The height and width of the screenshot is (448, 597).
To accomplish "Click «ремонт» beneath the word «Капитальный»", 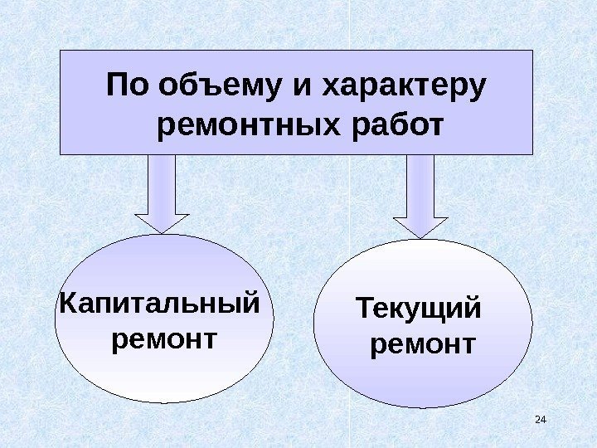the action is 163,339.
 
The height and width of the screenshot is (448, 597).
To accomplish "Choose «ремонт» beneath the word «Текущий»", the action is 423,343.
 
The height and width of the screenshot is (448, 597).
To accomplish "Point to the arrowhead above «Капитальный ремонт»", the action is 162,223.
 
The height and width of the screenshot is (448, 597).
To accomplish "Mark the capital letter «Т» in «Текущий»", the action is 365,309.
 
